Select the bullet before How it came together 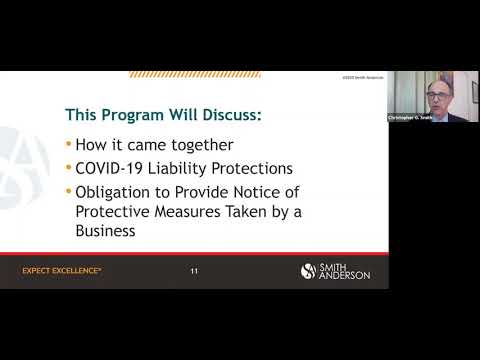click(x=68, y=142)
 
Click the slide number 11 click(x=194, y=271)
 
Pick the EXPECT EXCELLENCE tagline click(x=62, y=271)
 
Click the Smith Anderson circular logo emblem click(x=309, y=271)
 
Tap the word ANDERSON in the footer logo click(x=345, y=276)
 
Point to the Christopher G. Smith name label click(x=410, y=118)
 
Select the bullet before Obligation click(x=68, y=190)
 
